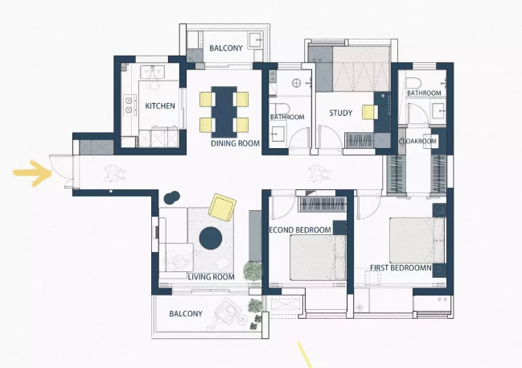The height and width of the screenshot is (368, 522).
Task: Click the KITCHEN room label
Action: coord(160,106)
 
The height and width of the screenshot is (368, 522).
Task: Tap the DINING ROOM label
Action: coord(235,143)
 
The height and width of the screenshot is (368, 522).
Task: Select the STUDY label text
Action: coord(340,113)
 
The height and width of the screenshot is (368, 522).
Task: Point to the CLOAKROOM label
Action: coord(417,142)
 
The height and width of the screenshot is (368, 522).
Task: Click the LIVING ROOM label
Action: coord(211,277)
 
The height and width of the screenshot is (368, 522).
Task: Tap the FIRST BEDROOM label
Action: coord(401,268)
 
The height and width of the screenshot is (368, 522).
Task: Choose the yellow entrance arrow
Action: coord(33,173)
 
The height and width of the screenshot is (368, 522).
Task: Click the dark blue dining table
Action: coord(224,112)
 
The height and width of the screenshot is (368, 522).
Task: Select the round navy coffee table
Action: coord(211,238)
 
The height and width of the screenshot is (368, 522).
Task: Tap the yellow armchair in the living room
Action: coord(222,207)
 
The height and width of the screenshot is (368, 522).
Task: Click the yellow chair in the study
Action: coord(369,112)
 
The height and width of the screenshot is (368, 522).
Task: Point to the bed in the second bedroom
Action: coord(318,258)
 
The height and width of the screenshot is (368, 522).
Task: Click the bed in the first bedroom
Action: coord(417,240)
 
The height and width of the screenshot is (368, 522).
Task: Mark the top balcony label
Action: coord(226,48)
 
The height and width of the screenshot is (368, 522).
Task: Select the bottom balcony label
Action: coord(186,314)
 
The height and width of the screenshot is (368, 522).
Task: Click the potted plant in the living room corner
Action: coord(253,271)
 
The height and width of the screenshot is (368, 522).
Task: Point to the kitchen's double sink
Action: coord(152,72)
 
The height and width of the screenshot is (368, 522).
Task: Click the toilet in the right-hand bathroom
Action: coord(413,83)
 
